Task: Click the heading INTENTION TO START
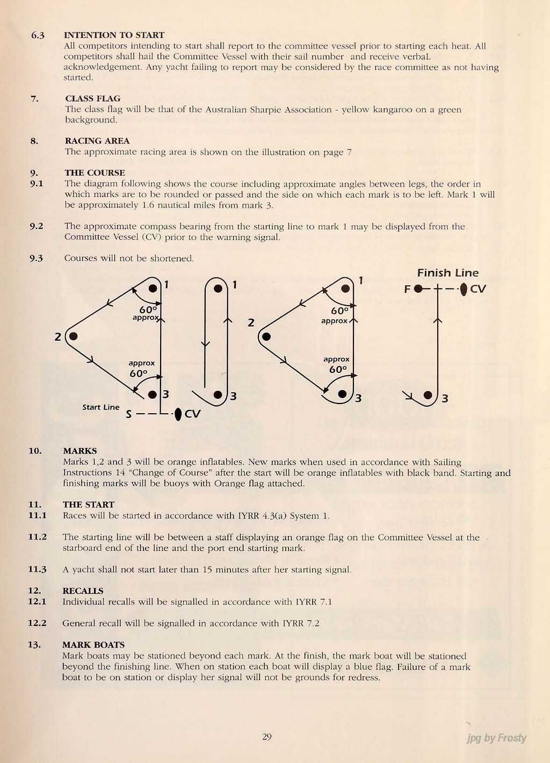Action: click(114, 35)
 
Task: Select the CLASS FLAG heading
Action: click(92, 98)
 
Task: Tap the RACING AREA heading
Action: click(97, 141)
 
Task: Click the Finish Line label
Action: click(447, 273)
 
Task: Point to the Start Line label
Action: click(101, 407)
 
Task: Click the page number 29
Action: click(267, 737)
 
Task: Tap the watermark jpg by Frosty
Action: click(496, 738)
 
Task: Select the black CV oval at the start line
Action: click(178, 414)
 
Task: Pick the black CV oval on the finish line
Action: click(464, 289)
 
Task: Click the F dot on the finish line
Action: click(418, 289)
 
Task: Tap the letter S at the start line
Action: click(128, 415)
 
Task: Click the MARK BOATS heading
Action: click(93, 645)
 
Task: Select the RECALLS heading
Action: click(83, 591)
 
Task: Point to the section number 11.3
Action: click(37, 570)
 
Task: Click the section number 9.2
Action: click(37, 226)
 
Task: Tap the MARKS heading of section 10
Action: click(80, 451)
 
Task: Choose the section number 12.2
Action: click(37, 623)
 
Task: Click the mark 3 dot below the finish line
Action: click(428, 395)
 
